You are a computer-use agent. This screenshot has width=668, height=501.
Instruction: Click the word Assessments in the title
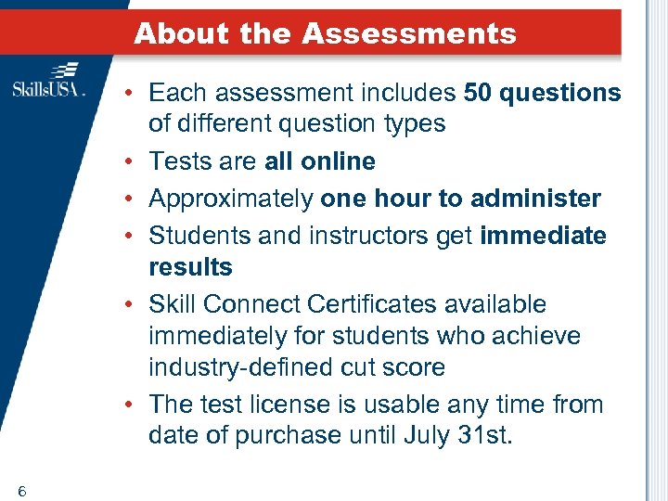[x=409, y=34]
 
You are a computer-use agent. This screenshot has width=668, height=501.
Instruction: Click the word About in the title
[x=181, y=34]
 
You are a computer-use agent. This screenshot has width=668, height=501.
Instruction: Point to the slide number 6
[x=20, y=491]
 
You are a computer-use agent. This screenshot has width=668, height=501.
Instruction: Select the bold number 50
[x=479, y=93]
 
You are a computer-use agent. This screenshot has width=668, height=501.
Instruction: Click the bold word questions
[x=561, y=93]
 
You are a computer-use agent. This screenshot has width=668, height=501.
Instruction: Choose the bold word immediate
[x=543, y=236]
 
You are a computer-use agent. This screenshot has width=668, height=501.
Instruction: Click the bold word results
[x=190, y=267]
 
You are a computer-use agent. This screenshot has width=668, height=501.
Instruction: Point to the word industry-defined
[x=244, y=367]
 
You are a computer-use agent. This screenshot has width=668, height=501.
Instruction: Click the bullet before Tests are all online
[x=134, y=161]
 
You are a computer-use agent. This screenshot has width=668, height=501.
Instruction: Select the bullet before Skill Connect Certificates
[x=134, y=304]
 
